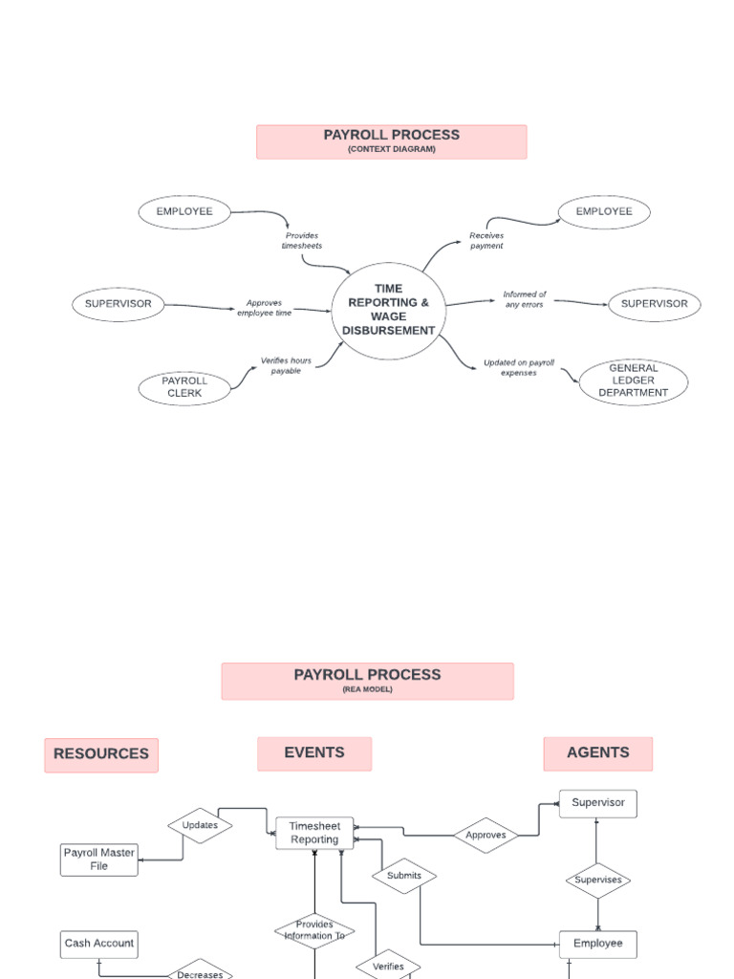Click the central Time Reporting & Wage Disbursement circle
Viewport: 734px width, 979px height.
tap(389, 310)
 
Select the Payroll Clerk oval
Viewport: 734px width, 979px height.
tap(184, 387)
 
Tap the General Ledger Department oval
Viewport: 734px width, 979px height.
tap(633, 381)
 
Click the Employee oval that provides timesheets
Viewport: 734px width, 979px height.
tap(185, 211)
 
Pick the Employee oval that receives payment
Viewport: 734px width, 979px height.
tap(602, 211)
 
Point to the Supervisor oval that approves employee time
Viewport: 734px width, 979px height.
tap(119, 304)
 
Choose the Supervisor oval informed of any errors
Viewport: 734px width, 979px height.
tap(654, 304)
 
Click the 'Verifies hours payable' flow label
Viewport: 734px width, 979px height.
tap(286, 365)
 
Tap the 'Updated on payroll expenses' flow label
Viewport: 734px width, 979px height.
tap(518, 368)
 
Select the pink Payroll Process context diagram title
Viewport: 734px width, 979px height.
tap(391, 141)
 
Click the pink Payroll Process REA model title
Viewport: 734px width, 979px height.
tap(367, 681)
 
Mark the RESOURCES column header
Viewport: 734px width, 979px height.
tap(101, 754)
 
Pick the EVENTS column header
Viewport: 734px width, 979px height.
tap(313, 753)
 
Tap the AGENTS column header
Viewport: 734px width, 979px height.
tap(597, 753)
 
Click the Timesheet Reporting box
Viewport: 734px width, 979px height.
tap(314, 833)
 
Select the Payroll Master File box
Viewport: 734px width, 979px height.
tap(99, 859)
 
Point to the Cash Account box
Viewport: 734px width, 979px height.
tap(99, 944)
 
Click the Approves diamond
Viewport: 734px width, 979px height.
tap(486, 835)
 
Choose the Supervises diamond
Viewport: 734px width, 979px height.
tap(597, 880)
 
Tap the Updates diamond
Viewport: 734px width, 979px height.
tap(200, 825)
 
